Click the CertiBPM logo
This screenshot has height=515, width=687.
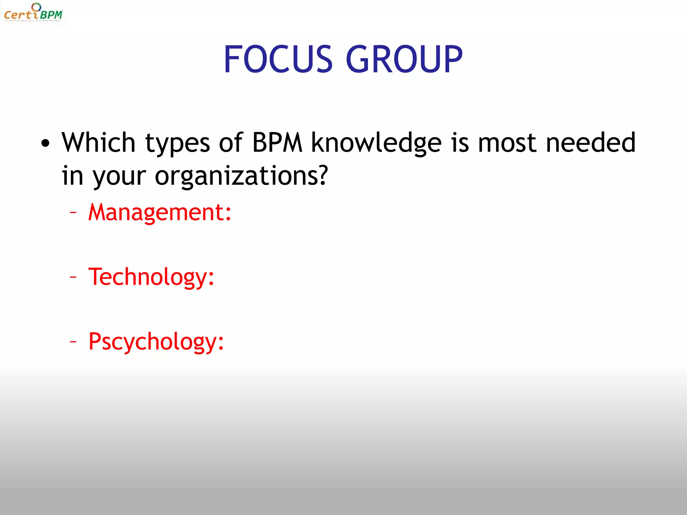pyautogui.click(x=33, y=13)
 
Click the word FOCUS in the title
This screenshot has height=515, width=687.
pyautogui.click(x=278, y=59)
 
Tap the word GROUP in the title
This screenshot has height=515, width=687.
pyautogui.click(x=404, y=59)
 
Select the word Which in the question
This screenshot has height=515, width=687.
pyautogui.click(x=98, y=142)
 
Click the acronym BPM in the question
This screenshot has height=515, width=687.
pyautogui.click(x=277, y=142)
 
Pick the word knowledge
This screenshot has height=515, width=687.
pyautogui.click(x=376, y=143)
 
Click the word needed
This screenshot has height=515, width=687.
pyautogui.click(x=590, y=142)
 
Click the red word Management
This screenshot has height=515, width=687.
pyautogui.click(x=156, y=213)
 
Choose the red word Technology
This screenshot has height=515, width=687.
pyautogui.click(x=148, y=277)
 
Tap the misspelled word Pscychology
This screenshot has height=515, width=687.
pyautogui.click(x=153, y=342)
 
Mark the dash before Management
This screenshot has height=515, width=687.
pyautogui.click(x=73, y=212)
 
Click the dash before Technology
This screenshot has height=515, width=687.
pyautogui.click(x=73, y=277)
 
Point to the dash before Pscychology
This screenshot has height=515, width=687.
pyautogui.click(x=73, y=341)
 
